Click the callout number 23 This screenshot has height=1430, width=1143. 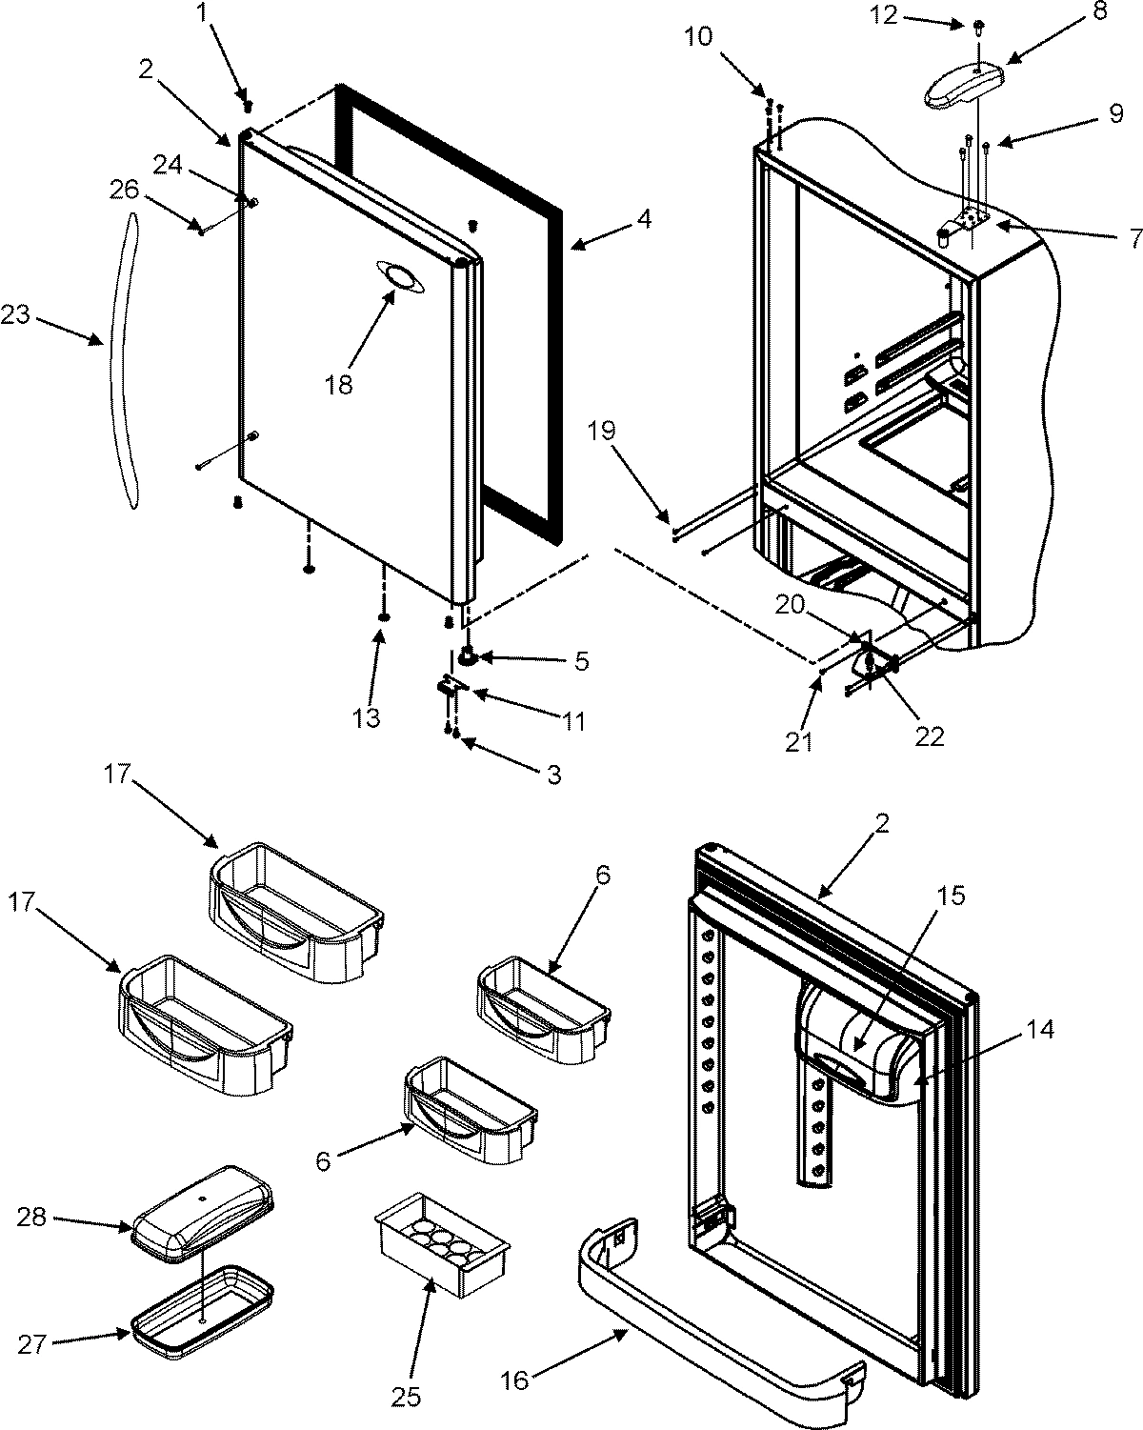(17, 315)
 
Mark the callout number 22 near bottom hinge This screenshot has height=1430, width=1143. (929, 735)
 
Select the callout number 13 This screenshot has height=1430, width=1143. (366, 717)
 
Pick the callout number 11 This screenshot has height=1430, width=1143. (572, 721)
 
